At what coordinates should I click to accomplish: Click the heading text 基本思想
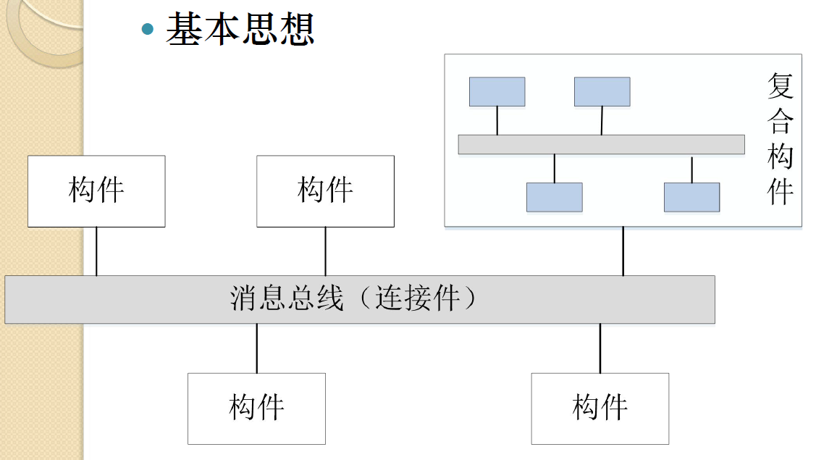tap(240, 29)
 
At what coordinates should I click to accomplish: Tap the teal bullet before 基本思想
tap(148, 29)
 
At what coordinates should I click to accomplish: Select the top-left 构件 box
tap(96, 191)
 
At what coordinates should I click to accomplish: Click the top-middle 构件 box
tap(325, 191)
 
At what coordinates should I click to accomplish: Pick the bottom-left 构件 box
tap(256, 408)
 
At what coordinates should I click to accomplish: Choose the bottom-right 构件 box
tap(600, 408)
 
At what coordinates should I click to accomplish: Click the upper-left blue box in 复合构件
tap(497, 91)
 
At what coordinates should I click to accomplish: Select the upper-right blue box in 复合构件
tap(602, 91)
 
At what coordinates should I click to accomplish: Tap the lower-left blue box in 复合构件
tap(554, 197)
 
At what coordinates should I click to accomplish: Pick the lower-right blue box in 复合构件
tap(691, 197)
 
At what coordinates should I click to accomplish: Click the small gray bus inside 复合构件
tap(601, 144)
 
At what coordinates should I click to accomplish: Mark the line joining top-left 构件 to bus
tap(96, 251)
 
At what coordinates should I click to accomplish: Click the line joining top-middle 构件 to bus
tap(325, 251)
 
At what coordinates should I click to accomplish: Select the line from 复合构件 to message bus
tap(623, 251)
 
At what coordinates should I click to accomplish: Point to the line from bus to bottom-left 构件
tap(256, 348)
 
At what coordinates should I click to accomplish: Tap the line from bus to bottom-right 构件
tap(600, 348)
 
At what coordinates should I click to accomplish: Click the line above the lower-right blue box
tap(691, 169)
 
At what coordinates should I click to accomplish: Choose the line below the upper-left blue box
tap(497, 120)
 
